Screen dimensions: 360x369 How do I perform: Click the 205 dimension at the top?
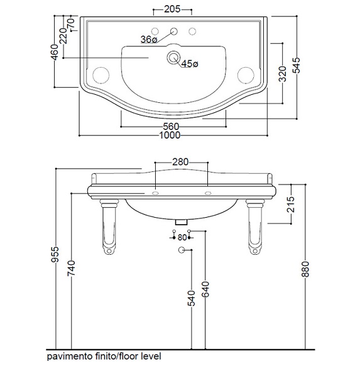[x=172, y=9]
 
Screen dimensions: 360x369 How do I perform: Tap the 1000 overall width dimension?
[x=170, y=136]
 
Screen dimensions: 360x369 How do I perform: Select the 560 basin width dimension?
[x=171, y=127]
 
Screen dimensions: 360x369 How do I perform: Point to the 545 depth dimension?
[x=297, y=65]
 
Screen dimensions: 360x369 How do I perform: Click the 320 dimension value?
[x=283, y=74]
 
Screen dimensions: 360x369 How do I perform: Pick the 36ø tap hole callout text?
[x=149, y=40]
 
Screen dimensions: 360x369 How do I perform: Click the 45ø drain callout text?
[x=190, y=63]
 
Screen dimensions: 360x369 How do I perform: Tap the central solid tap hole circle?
[x=174, y=31]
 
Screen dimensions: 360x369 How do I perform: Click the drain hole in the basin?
[x=173, y=58]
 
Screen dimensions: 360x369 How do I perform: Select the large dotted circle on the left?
[x=101, y=75]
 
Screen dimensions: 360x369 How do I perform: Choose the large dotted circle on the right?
[x=246, y=75]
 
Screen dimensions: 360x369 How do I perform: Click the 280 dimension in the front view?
[x=180, y=162]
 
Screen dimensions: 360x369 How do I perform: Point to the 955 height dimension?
[x=55, y=254]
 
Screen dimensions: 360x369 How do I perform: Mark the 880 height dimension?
[x=305, y=269]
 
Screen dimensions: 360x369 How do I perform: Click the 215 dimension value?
[x=292, y=204]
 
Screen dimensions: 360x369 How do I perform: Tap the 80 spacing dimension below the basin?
[x=182, y=238]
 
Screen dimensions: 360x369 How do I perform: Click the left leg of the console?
[x=109, y=227]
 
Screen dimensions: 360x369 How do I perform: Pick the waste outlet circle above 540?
[x=182, y=250]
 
